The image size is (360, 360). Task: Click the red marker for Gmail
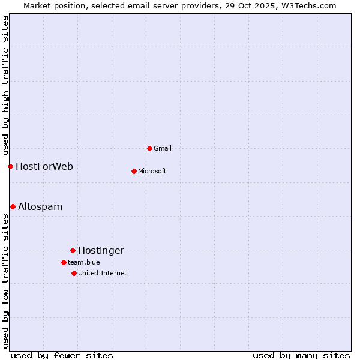pyautogui.click(x=149, y=148)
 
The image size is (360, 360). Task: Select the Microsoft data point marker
pyautogui.click(x=134, y=171)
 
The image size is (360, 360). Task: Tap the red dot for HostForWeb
pyautogui.click(x=10, y=166)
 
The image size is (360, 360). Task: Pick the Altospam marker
pyautogui.click(x=13, y=206)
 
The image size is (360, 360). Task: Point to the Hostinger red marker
pyautogui.click(x=73, y=250)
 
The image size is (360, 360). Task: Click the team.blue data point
pyautogui.click(x=64, y=262)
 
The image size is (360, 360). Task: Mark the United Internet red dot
pyautogui.click(x=74, y=273)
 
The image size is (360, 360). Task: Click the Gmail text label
pyautogui.click(x=163, y=148)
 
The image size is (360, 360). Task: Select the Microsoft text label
pyautogui.click(x=152, y=171)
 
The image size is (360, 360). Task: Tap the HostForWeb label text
pyautogui.click(x=44, y=166)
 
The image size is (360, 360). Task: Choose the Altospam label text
pyautogui.click(x=40, y=206)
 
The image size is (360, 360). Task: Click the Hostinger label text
pyautogui.click(x=101, y=250)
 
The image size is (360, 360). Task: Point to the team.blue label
pyautogui.click(x=84, y=262)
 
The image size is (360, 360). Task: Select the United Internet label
pyautogui.click(x=103, y=273)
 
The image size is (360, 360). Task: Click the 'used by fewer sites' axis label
pyautogui.click(x=62, y=355)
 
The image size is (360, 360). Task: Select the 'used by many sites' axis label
pyautogui.click(x=301, y=355)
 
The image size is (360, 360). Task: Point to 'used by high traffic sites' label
pyautogui.click(x=5, y=85)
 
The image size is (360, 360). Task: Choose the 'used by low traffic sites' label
pyautogui.click(x=5, y=281)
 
